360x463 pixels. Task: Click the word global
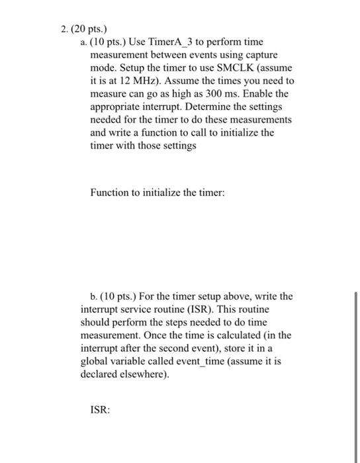coord(94,361)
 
